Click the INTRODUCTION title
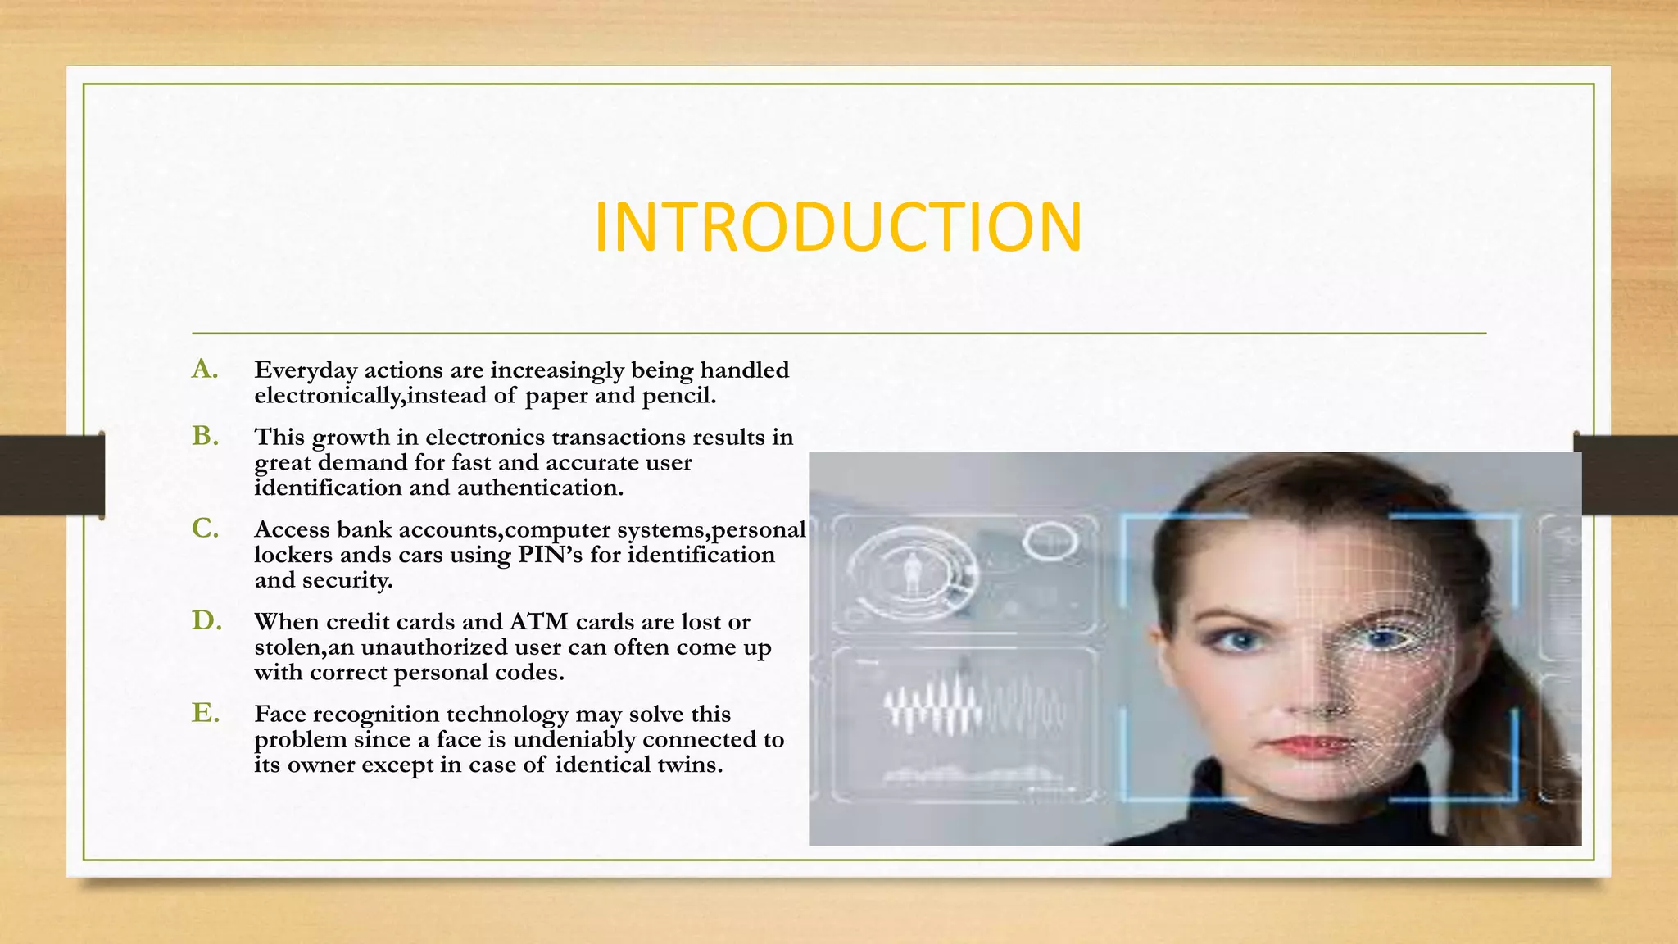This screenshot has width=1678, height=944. (838, 227)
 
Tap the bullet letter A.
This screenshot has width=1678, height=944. (205, 370)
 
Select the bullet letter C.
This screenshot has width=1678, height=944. (205, 529)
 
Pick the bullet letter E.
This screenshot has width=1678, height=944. (205, 713)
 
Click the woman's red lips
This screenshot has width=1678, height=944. (1308, 744)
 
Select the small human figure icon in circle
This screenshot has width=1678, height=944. (912, 570)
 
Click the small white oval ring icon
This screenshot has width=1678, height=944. (1050, 542)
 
